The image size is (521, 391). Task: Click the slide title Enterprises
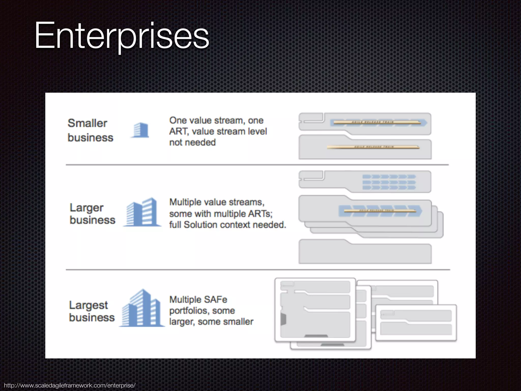pyautogui.click(x=122, y=36)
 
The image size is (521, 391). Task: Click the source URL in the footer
pyautogui.click(x=70, y=385)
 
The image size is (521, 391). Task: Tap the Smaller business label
pyautogui.click(x=90, y=130)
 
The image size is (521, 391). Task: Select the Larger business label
pyautogui.click(x=92, y=214)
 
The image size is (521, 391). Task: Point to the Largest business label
pyautogui.click(x=92, y=311)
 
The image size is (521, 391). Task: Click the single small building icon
pyautogui.click(x=140, y=130)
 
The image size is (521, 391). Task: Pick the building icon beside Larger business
pyautogui.click(x=142, y=212)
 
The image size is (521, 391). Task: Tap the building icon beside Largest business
pyautogui.click(x=142, y=309)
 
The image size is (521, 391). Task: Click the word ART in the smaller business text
pyautogui.click(x=178, y=132)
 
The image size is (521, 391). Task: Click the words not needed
pyautogui.click(x=192, y=143)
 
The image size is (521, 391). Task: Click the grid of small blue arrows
pyautogui.click(x=389, y=182)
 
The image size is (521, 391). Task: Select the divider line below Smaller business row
pyautogui.click(x=257, y=165)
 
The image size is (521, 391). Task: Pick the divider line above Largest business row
pyautogui.click(x=257, y=270)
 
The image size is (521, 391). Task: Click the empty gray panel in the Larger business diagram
pyautogui.click(x=365, y=253)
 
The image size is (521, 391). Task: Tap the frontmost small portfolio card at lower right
pyautogui.click(x=416, y=323)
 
